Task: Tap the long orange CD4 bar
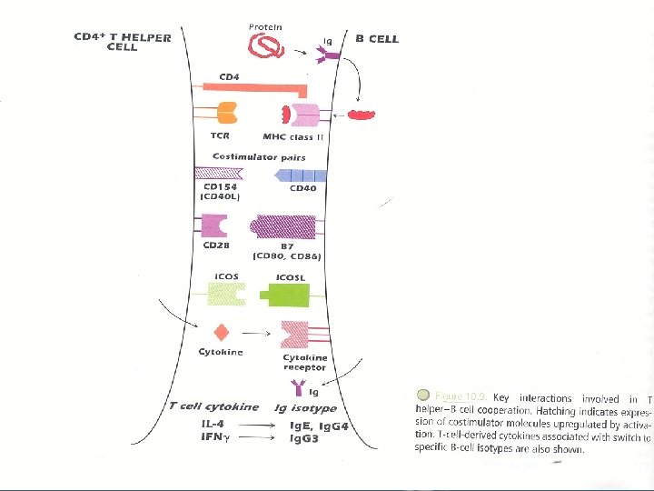click(x=255, y=86)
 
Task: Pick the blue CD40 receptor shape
click(x=300, y=175)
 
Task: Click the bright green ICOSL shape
click(x=291, y=294)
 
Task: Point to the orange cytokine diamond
click(x=220, y=333)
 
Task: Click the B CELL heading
click(x=377, y=39)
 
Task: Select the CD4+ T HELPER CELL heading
click(x=109, y=42)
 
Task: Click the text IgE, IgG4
click(x=319, y=426)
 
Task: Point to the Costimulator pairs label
click(x=259, y=157)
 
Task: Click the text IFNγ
click(x=216, y=438)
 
